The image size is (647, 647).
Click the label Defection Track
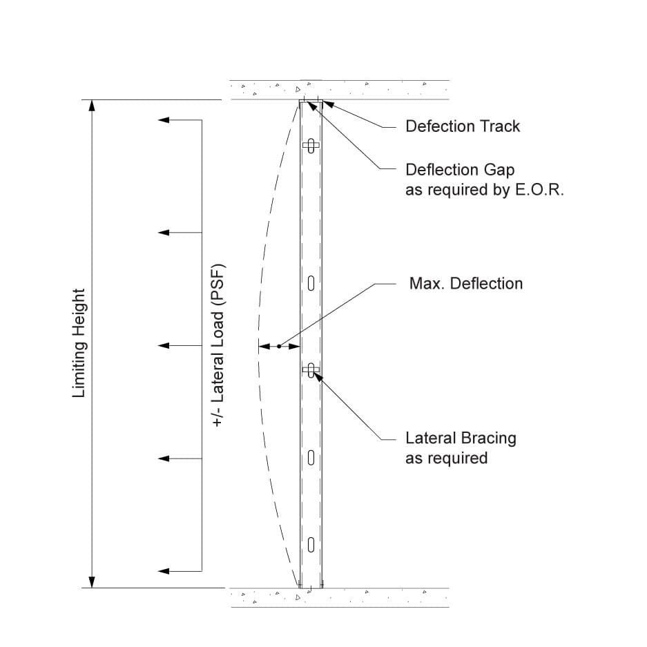tap(463, 126)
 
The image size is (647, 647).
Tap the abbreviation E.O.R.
tap(539, 190)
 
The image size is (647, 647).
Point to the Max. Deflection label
tap(465, 284)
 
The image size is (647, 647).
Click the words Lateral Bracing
tap(460, 438)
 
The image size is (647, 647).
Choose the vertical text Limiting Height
tap(79, 343)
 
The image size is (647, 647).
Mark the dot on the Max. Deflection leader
tap(279, 346)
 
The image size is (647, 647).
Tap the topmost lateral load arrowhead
tap(164, 120)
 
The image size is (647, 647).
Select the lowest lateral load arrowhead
tap(164, 571)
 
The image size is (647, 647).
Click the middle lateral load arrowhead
tap(164, 345)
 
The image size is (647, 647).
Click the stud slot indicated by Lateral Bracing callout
tap(311, 371)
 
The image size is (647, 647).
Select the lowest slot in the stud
tap(311, 544)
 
